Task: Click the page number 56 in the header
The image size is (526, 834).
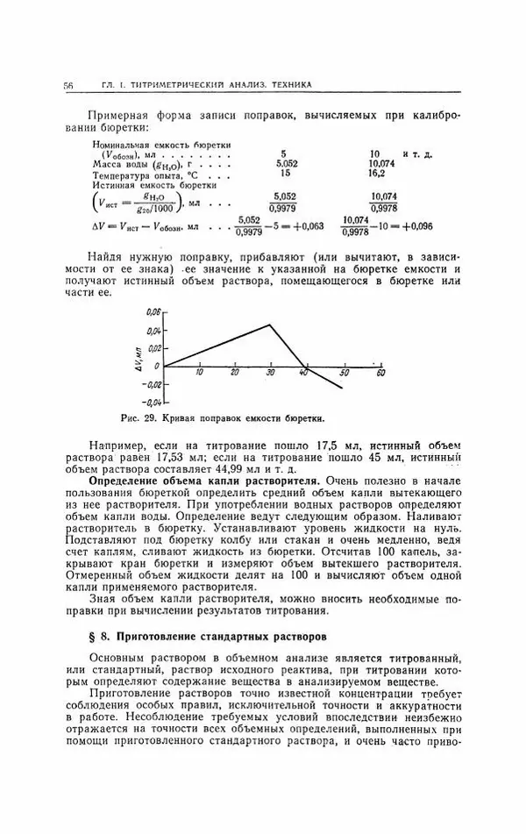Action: tap(68, 85)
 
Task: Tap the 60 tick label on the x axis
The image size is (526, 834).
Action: tap(380, 374)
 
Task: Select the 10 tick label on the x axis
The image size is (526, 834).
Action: tap(199, 374)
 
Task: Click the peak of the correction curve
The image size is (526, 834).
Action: tap(269, 324)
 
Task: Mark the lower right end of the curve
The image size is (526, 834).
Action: tap(342, 388)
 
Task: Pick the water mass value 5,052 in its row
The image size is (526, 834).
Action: tap(287, 163)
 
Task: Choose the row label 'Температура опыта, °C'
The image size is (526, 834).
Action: tap(142, 174)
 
